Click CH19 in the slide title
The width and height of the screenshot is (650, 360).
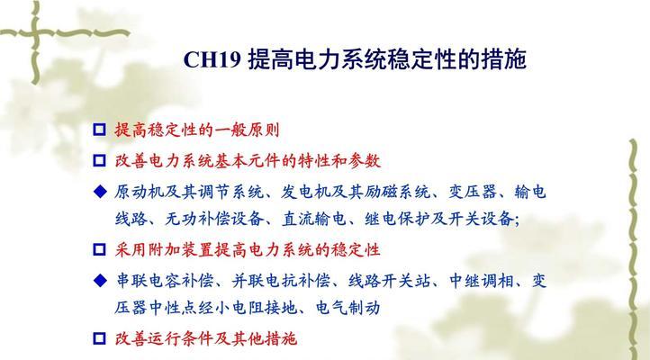[212, 59]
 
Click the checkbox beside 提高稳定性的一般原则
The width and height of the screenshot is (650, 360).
[100, 130]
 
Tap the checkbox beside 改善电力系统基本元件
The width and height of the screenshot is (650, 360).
[100, 160]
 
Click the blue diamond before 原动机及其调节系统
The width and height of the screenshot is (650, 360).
[100, 192]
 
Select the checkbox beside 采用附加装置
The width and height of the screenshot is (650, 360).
[100, 249]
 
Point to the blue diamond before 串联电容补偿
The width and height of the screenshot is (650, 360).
[100, 281]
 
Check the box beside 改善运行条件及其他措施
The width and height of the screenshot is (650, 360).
[100, 338]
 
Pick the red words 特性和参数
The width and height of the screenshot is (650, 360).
[339, 161]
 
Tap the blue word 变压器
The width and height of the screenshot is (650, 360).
[473, 192]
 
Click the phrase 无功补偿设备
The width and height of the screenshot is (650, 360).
[214, 219]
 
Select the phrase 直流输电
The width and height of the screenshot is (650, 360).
[314, 219]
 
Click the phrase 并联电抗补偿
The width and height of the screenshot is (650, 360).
[281, 281]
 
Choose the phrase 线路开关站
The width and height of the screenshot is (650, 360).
[390, 281]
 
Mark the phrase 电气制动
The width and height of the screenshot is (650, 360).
[348, 308]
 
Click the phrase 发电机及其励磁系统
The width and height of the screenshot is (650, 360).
[356, 192]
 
